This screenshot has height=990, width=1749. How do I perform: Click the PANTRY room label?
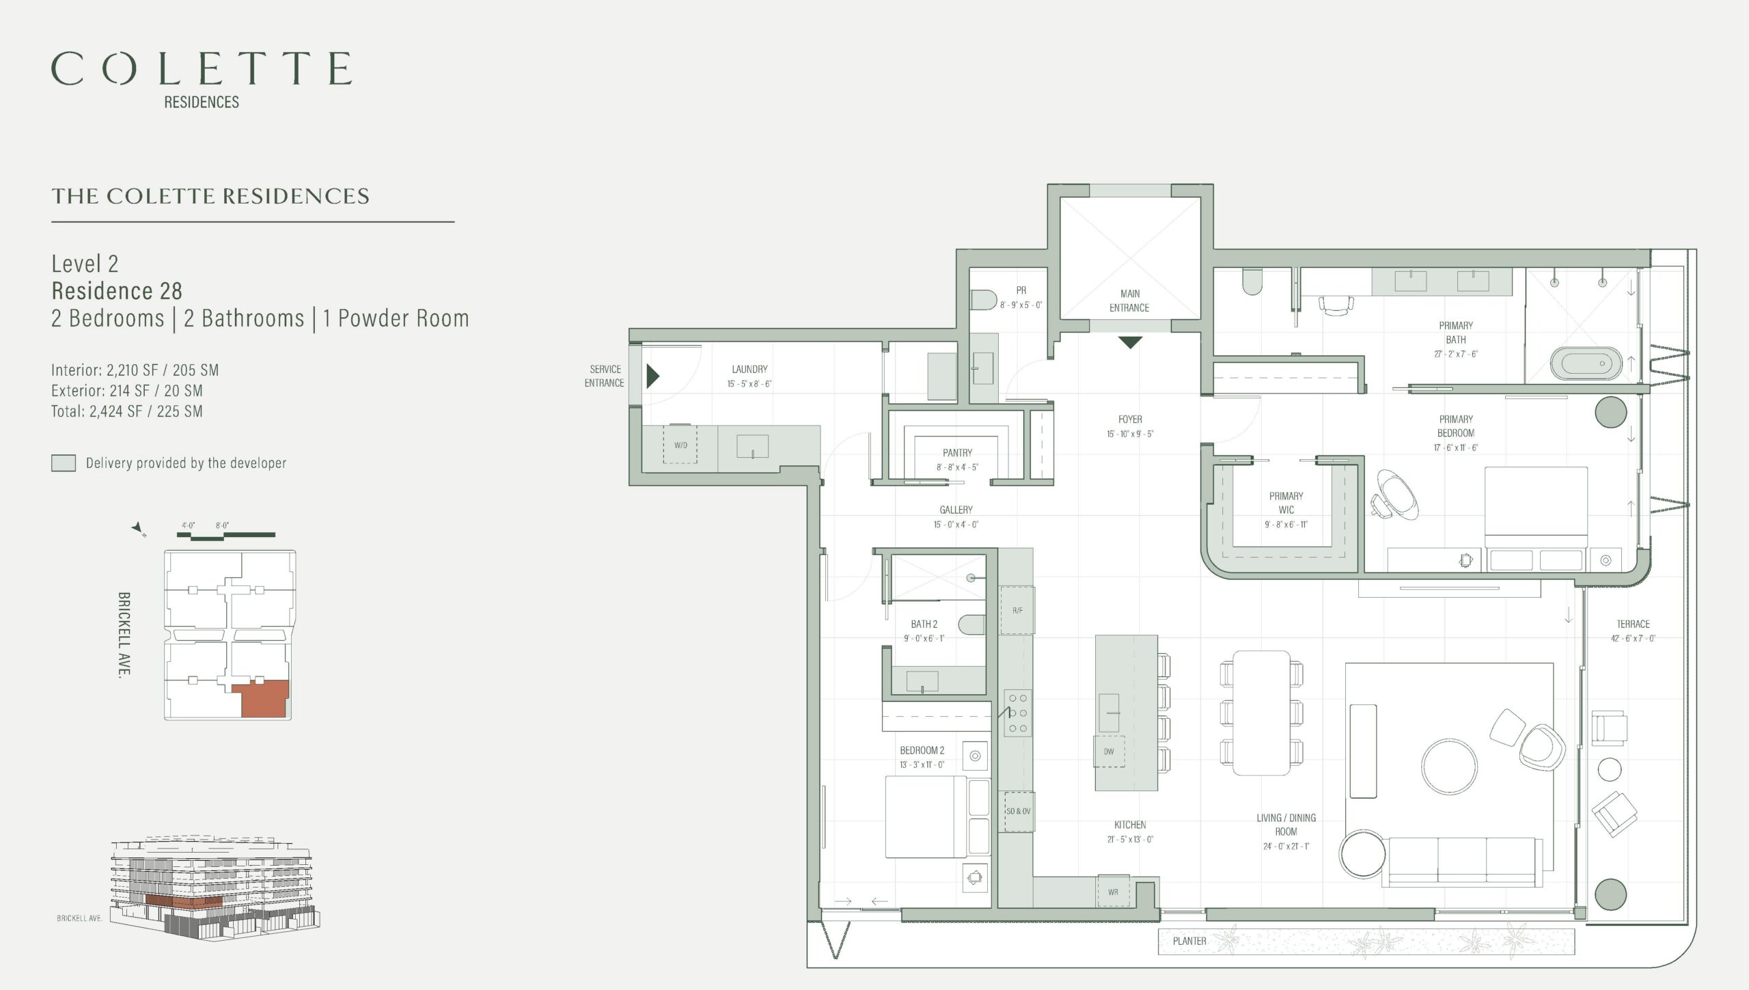point(957,453)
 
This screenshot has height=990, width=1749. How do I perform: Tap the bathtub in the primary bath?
point(1585,363)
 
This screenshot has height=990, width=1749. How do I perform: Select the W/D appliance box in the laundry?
point(680,445)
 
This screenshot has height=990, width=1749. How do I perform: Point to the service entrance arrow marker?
point(653,376)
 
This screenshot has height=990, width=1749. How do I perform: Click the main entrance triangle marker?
point(1130,342)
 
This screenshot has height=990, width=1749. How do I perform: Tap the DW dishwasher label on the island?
point(1109,752)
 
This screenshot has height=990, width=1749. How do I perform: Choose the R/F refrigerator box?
point(1017,610)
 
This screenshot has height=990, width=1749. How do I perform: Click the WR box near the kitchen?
point(1113,892)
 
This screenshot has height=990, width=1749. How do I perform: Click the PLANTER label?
point(1189,941)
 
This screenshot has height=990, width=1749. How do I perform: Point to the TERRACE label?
point(1633,624)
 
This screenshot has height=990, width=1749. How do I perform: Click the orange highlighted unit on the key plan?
point(262,700)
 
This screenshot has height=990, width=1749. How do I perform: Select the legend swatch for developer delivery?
point(64,463)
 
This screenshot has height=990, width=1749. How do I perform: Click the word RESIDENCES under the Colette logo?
point(202,102)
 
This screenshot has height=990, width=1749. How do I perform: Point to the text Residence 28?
point(117,291)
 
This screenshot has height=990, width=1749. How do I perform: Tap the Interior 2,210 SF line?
point(135,370)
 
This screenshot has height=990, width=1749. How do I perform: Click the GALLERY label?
point(956,510)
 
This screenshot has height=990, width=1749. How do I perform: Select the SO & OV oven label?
point(1018,811)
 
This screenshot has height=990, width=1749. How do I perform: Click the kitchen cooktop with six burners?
point(1018,713)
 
